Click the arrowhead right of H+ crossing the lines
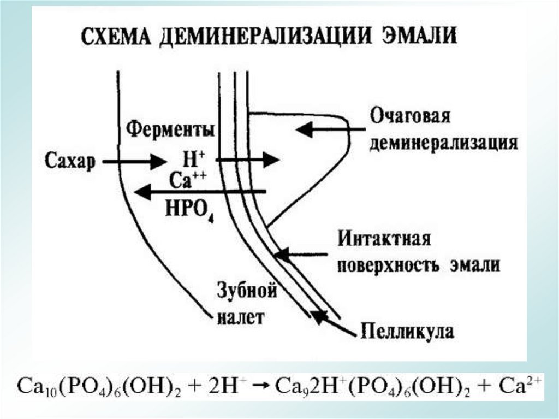[270, 160]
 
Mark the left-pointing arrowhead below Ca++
[144, 192]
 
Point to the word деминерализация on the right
[443, 143]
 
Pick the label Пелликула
[407, 331]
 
